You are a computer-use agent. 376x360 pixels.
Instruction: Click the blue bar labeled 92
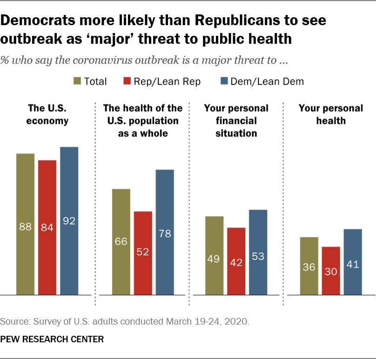[69, 221]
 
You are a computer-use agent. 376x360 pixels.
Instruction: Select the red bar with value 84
[47, 227]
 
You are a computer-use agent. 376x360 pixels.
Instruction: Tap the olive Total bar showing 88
[26, 224]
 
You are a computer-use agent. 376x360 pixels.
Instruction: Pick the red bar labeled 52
[143, 253]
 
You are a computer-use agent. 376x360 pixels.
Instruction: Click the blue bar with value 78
[165, 232]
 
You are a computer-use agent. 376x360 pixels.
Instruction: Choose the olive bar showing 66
[121, 242]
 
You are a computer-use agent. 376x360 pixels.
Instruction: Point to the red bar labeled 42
[236, 261]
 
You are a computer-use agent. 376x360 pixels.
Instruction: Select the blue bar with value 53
[258, 252]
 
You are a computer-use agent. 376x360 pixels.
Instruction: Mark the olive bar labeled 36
[309, 266]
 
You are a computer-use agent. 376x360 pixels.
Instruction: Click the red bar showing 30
[331, 271]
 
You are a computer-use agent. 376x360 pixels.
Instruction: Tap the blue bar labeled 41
[353, 262]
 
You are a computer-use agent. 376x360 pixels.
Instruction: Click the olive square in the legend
[77, 81]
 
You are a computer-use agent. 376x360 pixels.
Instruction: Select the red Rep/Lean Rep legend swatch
[127, 81]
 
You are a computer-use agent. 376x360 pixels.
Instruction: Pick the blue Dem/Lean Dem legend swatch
[224, 81]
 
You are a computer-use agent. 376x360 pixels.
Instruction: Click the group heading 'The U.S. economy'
[47, 115]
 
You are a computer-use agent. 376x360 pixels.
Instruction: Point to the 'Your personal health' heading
[331, 115]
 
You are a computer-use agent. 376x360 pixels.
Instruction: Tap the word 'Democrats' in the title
[38, 20]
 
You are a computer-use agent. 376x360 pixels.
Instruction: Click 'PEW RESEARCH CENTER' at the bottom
[52, 339]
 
